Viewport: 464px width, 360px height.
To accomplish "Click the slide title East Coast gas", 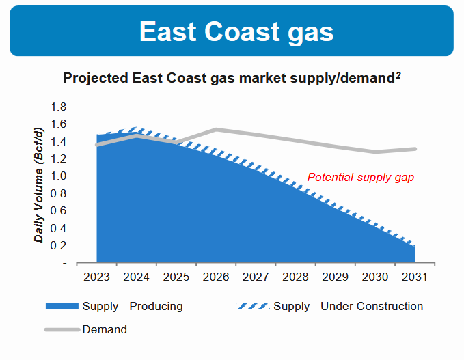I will click(236, 31).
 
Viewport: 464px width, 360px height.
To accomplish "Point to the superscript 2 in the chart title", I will click(398, 74).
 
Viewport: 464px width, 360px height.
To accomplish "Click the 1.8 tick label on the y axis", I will click(59, 107).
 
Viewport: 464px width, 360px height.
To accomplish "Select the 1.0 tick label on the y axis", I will click(59, 176).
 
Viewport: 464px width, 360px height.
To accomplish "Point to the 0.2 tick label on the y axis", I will click(59, 246).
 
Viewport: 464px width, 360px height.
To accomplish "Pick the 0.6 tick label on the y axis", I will click(59, 211).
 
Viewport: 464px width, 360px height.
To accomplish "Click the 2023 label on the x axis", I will click(96, 277).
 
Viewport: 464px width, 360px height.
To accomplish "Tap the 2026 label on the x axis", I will click(216, 277).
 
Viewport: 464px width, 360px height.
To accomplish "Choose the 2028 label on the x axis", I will click(296, 277).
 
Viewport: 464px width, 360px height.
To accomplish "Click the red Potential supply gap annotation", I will click(361, 177).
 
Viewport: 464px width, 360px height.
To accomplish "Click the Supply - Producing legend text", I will click(133, 306).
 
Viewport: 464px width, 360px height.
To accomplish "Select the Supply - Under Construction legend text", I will click(348, 306).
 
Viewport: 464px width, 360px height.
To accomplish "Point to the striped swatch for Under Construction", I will click(253, 306).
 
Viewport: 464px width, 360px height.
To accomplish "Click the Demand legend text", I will click(105, 329).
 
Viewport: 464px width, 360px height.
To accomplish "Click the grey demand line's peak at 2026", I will click(216, 129).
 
